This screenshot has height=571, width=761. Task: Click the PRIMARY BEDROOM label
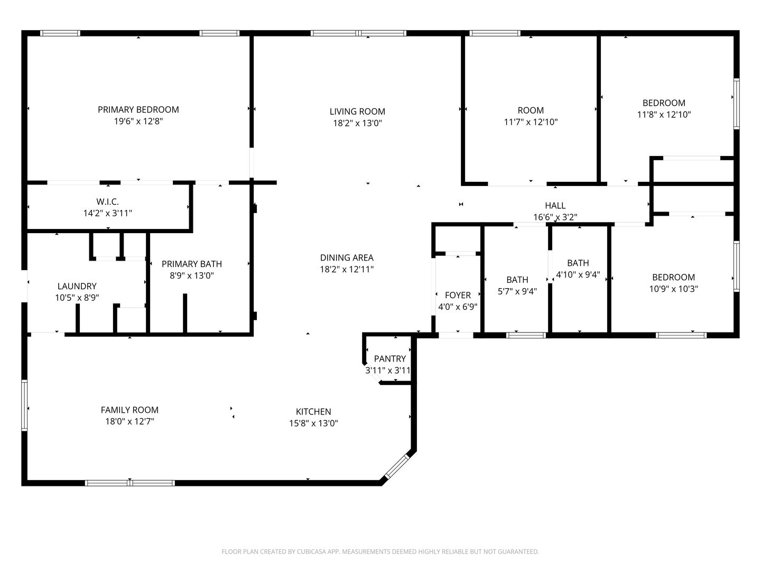[138, 109]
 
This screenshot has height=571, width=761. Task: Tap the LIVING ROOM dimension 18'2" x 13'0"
[357, 123]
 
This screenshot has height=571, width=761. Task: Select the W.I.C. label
[107, 201]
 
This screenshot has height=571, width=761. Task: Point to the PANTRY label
[390, 358]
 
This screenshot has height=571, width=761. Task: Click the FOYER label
[458, 295]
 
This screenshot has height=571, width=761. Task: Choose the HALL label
[555, 205]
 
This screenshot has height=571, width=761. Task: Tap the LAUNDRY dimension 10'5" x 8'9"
[77, 298]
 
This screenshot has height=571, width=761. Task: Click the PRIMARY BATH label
[191, 264]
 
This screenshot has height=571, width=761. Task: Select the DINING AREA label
[347, 257]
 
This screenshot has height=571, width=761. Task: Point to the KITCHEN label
[313, 411]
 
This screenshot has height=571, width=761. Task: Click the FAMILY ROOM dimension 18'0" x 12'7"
[129, 421]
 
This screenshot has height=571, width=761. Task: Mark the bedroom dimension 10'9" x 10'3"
[673, 289]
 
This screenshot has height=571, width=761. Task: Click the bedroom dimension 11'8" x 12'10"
[664, 114]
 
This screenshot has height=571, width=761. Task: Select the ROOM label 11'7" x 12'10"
[531, 110]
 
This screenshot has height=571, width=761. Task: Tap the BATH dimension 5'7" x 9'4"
[517, 291]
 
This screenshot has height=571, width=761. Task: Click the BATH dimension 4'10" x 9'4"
[578, 274]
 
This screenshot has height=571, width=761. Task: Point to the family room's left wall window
[24, 405]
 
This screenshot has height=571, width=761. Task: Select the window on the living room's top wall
[359, 33]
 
